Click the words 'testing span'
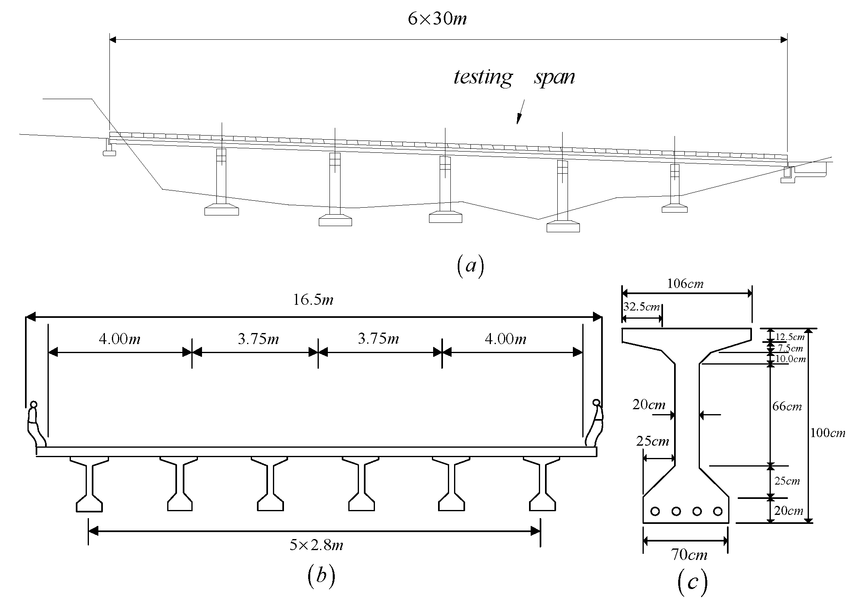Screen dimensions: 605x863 coord(514,77)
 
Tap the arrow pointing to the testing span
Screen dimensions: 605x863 coord(520,113)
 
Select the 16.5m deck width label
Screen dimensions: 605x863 coord(313,300)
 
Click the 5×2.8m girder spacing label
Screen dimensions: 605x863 coord(316,545)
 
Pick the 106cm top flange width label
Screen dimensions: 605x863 coord(685,283)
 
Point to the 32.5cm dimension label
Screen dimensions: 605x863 coord(642,307)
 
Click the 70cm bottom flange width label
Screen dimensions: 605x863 coord(689,555)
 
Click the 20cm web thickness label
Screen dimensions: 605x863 coord(649,405)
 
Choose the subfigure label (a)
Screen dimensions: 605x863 coord(470,266)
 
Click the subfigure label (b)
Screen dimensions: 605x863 coord(321,576)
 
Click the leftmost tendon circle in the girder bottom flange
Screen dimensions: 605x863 coord(655,511)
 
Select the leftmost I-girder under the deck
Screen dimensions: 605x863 coord(89,483)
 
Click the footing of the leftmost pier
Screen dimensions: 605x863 coord(222,210)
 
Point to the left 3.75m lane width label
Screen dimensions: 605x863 coord(258,339)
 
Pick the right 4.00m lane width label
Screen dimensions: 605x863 coord(505,339)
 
